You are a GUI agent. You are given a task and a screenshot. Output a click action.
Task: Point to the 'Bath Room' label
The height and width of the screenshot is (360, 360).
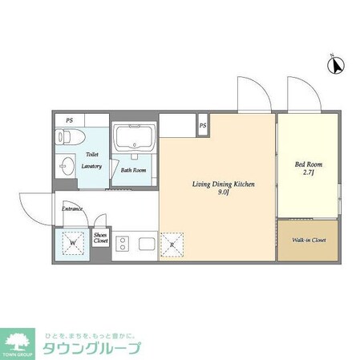click(x=133, y=170)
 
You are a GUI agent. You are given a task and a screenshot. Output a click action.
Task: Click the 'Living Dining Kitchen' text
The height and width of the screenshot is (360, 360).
click(x=223, y=184)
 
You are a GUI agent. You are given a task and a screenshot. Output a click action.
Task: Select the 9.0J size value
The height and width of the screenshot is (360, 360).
click(x=224, y=192)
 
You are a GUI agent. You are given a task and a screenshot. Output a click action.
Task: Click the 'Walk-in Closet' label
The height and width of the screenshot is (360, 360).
click(x=309, y=239)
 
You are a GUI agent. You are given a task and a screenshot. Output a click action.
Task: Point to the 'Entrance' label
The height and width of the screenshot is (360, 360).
click(x=73, y=209)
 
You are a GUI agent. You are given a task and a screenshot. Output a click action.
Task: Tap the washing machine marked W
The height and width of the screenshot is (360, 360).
click(x=72, y=242)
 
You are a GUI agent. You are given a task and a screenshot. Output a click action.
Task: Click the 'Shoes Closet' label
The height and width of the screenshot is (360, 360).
click(x=101, y=237)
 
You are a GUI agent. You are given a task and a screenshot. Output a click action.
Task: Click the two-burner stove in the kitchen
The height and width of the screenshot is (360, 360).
click(x=125, y=242)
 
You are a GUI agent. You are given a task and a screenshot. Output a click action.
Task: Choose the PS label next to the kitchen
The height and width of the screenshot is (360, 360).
click(x=203, y=125)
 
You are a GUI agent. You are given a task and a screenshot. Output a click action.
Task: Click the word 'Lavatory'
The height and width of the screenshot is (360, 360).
click(x=90, y=166)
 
